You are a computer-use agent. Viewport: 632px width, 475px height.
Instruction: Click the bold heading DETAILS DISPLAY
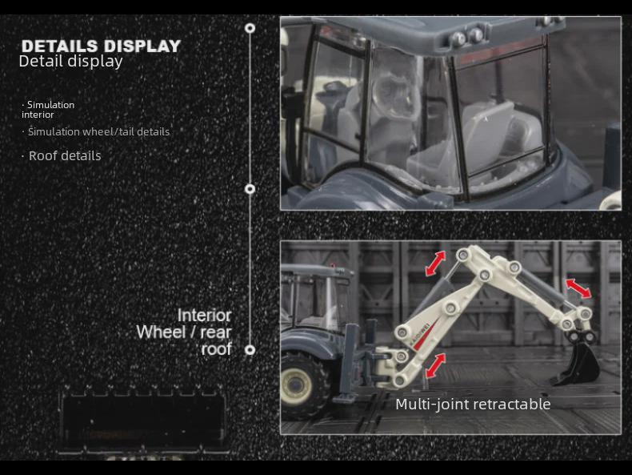[101, 46]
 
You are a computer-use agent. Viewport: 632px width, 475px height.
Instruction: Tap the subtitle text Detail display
[70, 61]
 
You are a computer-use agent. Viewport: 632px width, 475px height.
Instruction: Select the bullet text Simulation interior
[48, 110]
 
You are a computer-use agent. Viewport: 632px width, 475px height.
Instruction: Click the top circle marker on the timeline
[250, 28]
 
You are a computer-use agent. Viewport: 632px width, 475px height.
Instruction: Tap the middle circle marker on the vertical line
[250, 189]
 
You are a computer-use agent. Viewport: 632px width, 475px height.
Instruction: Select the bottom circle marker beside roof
[250, 350]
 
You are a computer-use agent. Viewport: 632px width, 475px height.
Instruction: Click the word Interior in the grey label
[204, 315]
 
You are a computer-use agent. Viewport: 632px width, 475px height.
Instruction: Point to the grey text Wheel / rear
[184, 332]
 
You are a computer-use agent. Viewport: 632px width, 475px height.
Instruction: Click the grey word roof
[216, 348]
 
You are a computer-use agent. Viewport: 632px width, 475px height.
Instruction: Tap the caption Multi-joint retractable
[473, 404]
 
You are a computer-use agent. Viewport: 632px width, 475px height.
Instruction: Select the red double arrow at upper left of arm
[436, 262]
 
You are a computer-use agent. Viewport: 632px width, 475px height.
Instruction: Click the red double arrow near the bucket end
[578, 288]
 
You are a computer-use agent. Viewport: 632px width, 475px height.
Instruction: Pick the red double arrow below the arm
[436, 365]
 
